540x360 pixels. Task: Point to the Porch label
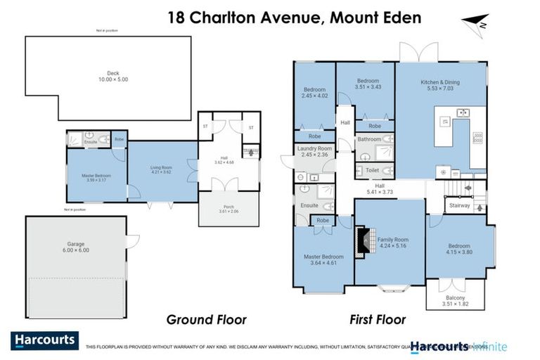click(x=229, y=209)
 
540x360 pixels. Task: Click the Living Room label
click(x=161, y=169)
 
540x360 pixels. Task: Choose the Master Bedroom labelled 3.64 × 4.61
click(x=324, y=259)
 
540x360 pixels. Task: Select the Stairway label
click(x=460, y=206)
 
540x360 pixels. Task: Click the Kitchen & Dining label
click(x=440, y=85)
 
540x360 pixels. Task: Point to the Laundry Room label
click(x=314, y=151)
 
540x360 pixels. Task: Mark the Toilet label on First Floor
click(x=373, y=170)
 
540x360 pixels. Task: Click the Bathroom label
click(x=369, y=139)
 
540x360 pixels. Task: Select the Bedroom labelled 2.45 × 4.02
click(x=314, y=92)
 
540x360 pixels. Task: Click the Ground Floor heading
click(x=206, y=320)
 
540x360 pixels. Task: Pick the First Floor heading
click(x=378, y=320)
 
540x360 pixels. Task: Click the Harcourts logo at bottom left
click(x=44, y=340)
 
